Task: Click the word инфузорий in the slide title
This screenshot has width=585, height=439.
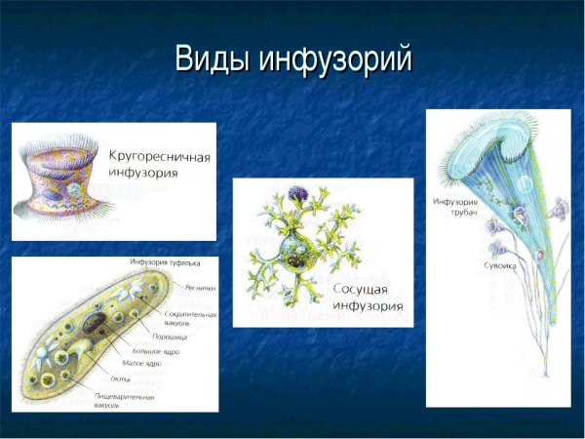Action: pos(335,59)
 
